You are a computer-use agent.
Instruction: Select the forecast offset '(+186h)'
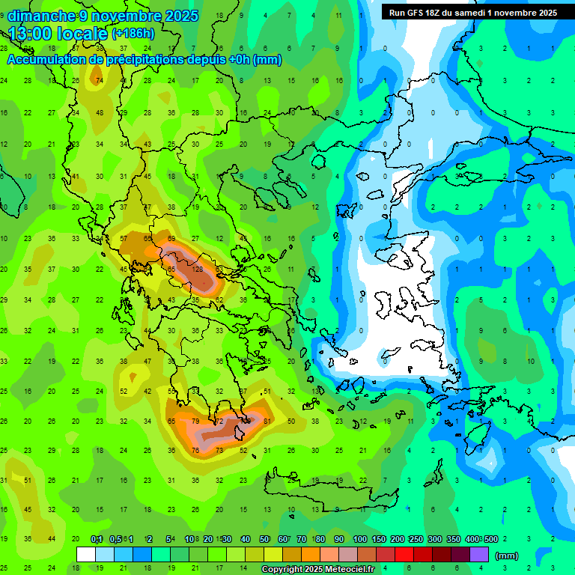pos(133,33)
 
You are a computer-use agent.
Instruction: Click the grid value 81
pos(267,422)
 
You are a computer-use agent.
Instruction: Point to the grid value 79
pos(196,422)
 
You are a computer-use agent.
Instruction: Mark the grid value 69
pos(172,238)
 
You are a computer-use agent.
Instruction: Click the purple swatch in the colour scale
pos(480,555)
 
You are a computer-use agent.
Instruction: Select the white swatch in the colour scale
pos(86,555)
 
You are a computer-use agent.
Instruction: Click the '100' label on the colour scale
pos(359,540)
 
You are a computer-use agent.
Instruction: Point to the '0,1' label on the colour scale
pos(97,540)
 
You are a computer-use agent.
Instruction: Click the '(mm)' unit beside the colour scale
pos(507,556)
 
